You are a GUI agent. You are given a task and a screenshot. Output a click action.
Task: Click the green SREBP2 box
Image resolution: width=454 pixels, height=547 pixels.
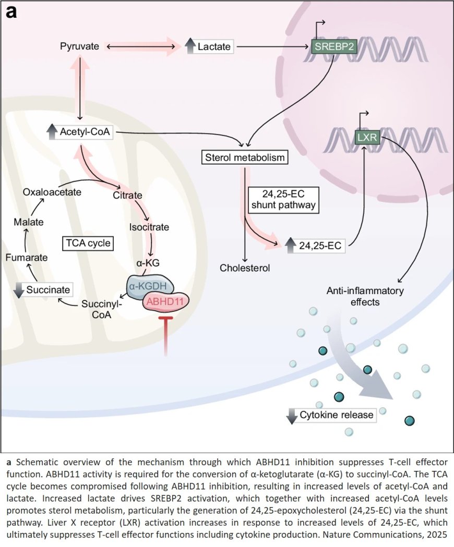pos(332,47)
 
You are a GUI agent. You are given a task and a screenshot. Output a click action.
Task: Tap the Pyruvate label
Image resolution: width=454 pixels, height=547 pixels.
pos(80,47)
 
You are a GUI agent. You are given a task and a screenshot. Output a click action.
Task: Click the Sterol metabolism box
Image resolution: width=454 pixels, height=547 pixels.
pos(244,156)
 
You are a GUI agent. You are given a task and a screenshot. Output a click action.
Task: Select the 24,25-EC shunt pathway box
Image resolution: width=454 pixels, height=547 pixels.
pos(283,199)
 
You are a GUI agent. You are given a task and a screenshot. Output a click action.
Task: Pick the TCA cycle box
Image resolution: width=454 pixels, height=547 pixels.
pos(88,243)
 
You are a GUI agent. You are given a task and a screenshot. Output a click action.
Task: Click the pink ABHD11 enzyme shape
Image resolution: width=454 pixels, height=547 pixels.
pos(166,302)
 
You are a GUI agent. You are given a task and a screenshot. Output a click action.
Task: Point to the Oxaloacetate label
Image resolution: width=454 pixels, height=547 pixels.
pos(52,192)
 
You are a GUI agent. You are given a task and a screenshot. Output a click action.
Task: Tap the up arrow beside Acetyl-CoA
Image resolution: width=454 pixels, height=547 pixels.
pos(52,132)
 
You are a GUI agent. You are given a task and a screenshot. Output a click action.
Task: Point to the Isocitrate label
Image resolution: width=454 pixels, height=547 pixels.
pos(149,227)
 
